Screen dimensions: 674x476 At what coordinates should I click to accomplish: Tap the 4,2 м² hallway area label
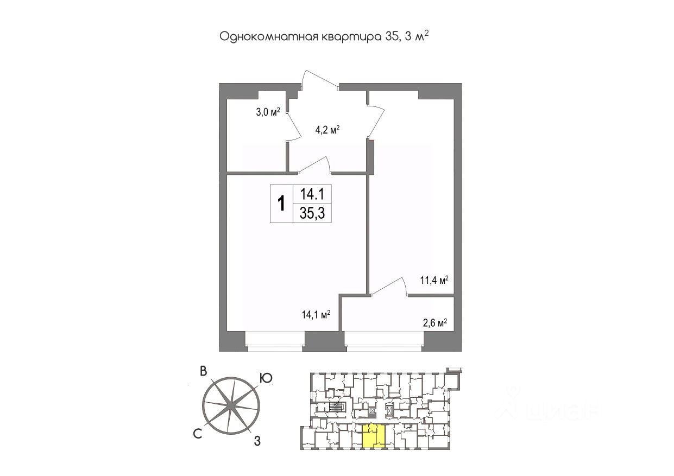(327, 130)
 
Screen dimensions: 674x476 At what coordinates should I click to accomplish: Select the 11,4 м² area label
(434, 281)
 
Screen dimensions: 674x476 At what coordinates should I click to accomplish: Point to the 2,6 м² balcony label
(434, 323)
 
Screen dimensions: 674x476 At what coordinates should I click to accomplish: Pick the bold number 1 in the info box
(281, 204)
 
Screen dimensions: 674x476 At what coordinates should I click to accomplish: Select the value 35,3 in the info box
(312, 213)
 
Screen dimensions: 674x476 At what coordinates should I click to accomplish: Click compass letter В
(203, 371)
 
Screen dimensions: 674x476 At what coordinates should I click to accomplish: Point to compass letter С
(198, 432)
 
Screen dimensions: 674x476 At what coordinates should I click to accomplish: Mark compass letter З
(257, 441)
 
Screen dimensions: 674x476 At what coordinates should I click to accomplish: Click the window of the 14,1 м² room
(274, 339)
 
